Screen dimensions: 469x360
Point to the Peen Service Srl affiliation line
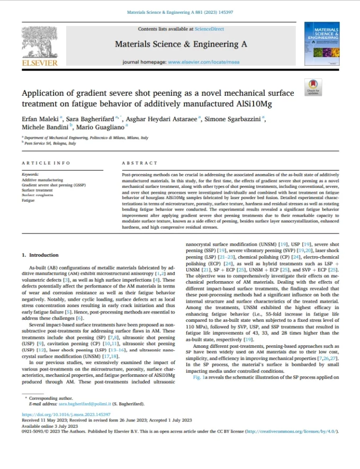(x=50, y=143)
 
